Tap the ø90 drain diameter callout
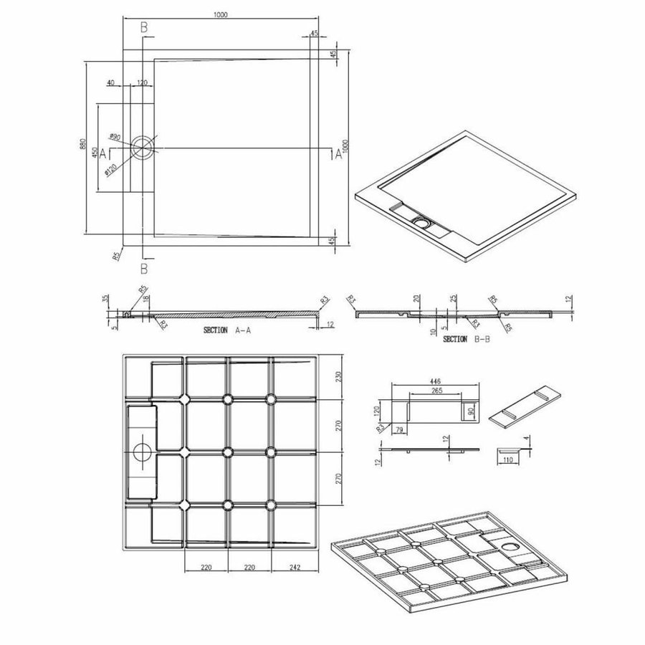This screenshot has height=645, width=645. [115, 136]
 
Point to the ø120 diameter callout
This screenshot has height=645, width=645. [111, 169]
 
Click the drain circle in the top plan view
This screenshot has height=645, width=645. [143, 148]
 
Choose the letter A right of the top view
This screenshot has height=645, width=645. [338, 153]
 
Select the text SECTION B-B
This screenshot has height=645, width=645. [467, 338]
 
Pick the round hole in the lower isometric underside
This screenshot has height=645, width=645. [512, 548]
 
